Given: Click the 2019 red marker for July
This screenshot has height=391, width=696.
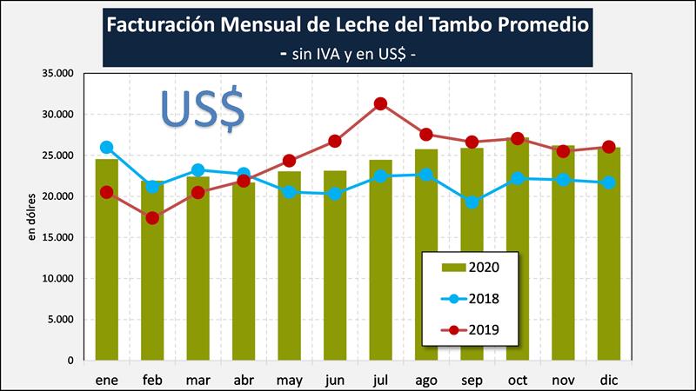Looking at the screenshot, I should pos(380,104).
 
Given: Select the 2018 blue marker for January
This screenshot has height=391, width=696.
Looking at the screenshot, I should pos(106,148).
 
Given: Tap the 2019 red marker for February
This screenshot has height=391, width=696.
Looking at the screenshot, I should pos(152,218).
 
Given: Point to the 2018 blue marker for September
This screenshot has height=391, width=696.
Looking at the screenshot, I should pos(472,202).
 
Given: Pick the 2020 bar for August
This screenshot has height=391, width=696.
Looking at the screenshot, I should pos(426,261).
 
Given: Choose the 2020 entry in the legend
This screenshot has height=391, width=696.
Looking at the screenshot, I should pos(471,266).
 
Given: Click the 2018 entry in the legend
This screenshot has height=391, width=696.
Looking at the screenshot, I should pos(471,298).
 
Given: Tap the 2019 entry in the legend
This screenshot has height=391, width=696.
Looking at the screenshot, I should pos(471,329).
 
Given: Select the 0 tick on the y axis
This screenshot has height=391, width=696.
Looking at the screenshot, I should pos(71,360).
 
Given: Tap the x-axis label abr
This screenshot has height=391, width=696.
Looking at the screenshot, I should pos(243,380).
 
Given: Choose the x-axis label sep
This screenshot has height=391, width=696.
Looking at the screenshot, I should pos(472,380).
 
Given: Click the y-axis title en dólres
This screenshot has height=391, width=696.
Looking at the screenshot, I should pos(32,216).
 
